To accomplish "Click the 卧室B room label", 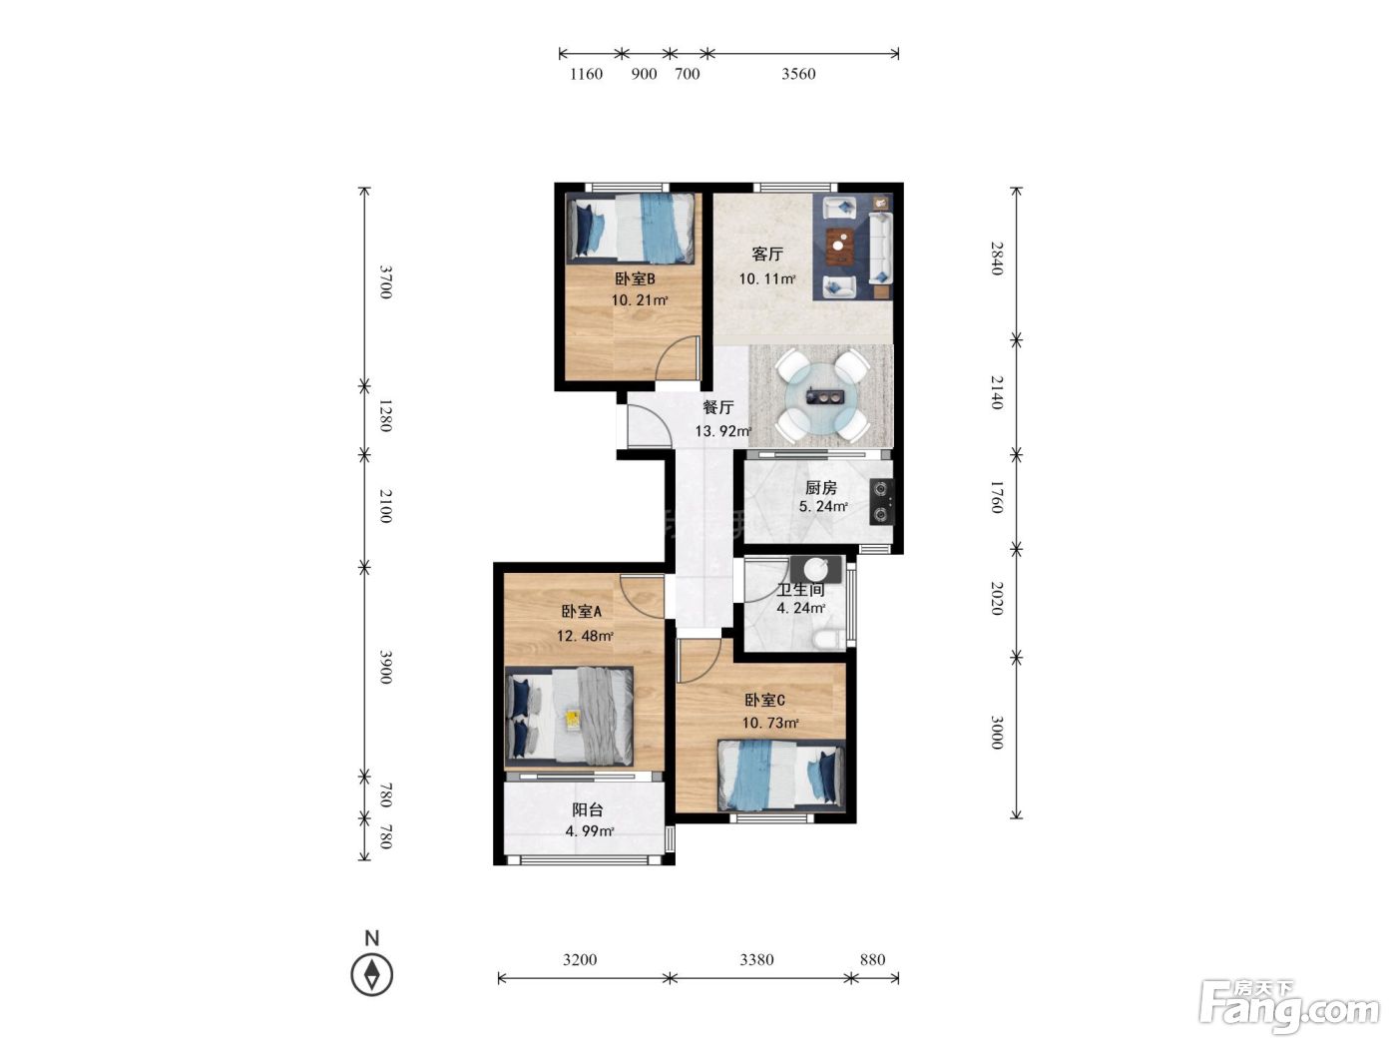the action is tap(635, 278).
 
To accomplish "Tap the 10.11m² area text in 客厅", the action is tap(767, 278).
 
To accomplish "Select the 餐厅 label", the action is tap(717, 407).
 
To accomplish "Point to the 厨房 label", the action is tap(820, 487).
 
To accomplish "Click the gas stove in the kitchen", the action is tap(881, 501).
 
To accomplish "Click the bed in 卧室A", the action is tap(569, 716).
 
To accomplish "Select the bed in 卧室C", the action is tap(781, 776).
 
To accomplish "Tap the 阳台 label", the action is tap(587, 810).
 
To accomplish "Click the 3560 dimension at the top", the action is tap(798, 74).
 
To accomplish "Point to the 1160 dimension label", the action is tap(586, 74).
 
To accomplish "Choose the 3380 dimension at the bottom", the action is tap(756, 959).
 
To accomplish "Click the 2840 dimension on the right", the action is tap(997, 259).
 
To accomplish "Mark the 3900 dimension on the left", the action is tap(385, 667).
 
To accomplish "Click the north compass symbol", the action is tap(371, 974).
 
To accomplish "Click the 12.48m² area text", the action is tap(585, 635).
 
